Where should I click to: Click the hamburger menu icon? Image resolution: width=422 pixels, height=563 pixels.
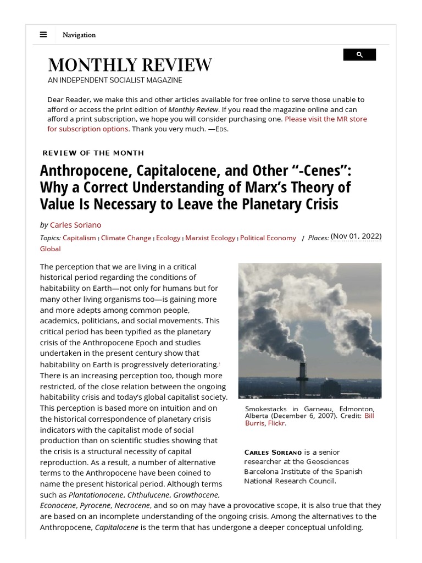pyautogui.click(x=43, y=35)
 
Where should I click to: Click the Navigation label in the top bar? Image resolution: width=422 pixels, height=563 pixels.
pyautogui.click(x=79, y=35)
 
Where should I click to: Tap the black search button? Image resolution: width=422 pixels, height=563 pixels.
pyautogui.click(x=359, y=54)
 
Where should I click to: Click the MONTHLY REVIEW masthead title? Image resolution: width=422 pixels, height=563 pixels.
pyautogui.click(x=130, y=65)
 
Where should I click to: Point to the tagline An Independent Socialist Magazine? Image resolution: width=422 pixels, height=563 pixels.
pyautogui.click(x=115, y=80)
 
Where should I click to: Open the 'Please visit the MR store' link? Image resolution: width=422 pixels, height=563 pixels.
pyautogui.click(x=325, y=119)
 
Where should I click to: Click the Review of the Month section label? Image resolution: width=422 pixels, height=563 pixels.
pyautogui.click(x=93, y=153)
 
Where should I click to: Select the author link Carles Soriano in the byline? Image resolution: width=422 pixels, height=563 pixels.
pyautogui.click(x=75, y=225)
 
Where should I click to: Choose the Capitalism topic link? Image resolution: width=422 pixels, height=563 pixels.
pyautogui.click(x=80, y=238)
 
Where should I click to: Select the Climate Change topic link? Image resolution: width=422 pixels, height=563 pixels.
pyautogui.click(x=126, y=238)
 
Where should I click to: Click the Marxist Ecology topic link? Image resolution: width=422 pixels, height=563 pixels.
pyautogui.click(x=210, y=238)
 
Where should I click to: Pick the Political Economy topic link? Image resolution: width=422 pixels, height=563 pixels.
pyautogui.click(x=268, y=238)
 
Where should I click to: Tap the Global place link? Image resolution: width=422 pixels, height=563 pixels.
pyautogui.click(x=50, y=249)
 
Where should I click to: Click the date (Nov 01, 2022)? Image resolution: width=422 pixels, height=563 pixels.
pyautogui.click(x=356, y=236)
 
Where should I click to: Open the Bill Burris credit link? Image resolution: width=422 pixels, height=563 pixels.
pyautogui.click(x=369, y=416)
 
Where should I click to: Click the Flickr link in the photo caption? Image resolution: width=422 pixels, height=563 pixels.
pyautogui.click(x=276, y=423)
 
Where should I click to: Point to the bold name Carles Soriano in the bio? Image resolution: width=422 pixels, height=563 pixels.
pyautogui.click(x=269, y=452)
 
